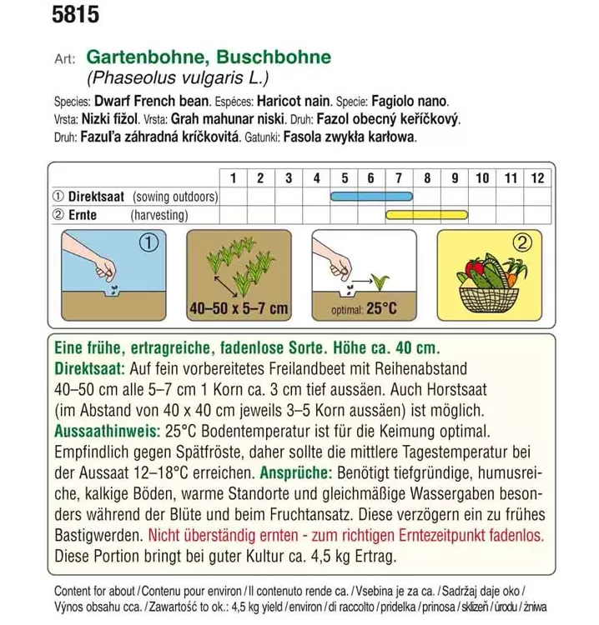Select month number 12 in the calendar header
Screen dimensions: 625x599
(x=537, y=177)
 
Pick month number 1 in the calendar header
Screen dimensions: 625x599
(x=233, y=177)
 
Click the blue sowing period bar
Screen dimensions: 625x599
(x=368, y=197)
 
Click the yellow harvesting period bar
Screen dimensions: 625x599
(x=426, y=215)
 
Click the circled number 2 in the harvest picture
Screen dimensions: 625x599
(x=522, y=245)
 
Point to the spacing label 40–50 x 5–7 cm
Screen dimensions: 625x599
(x=238, y=309)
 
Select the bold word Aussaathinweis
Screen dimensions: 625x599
(x=104, y=433)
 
